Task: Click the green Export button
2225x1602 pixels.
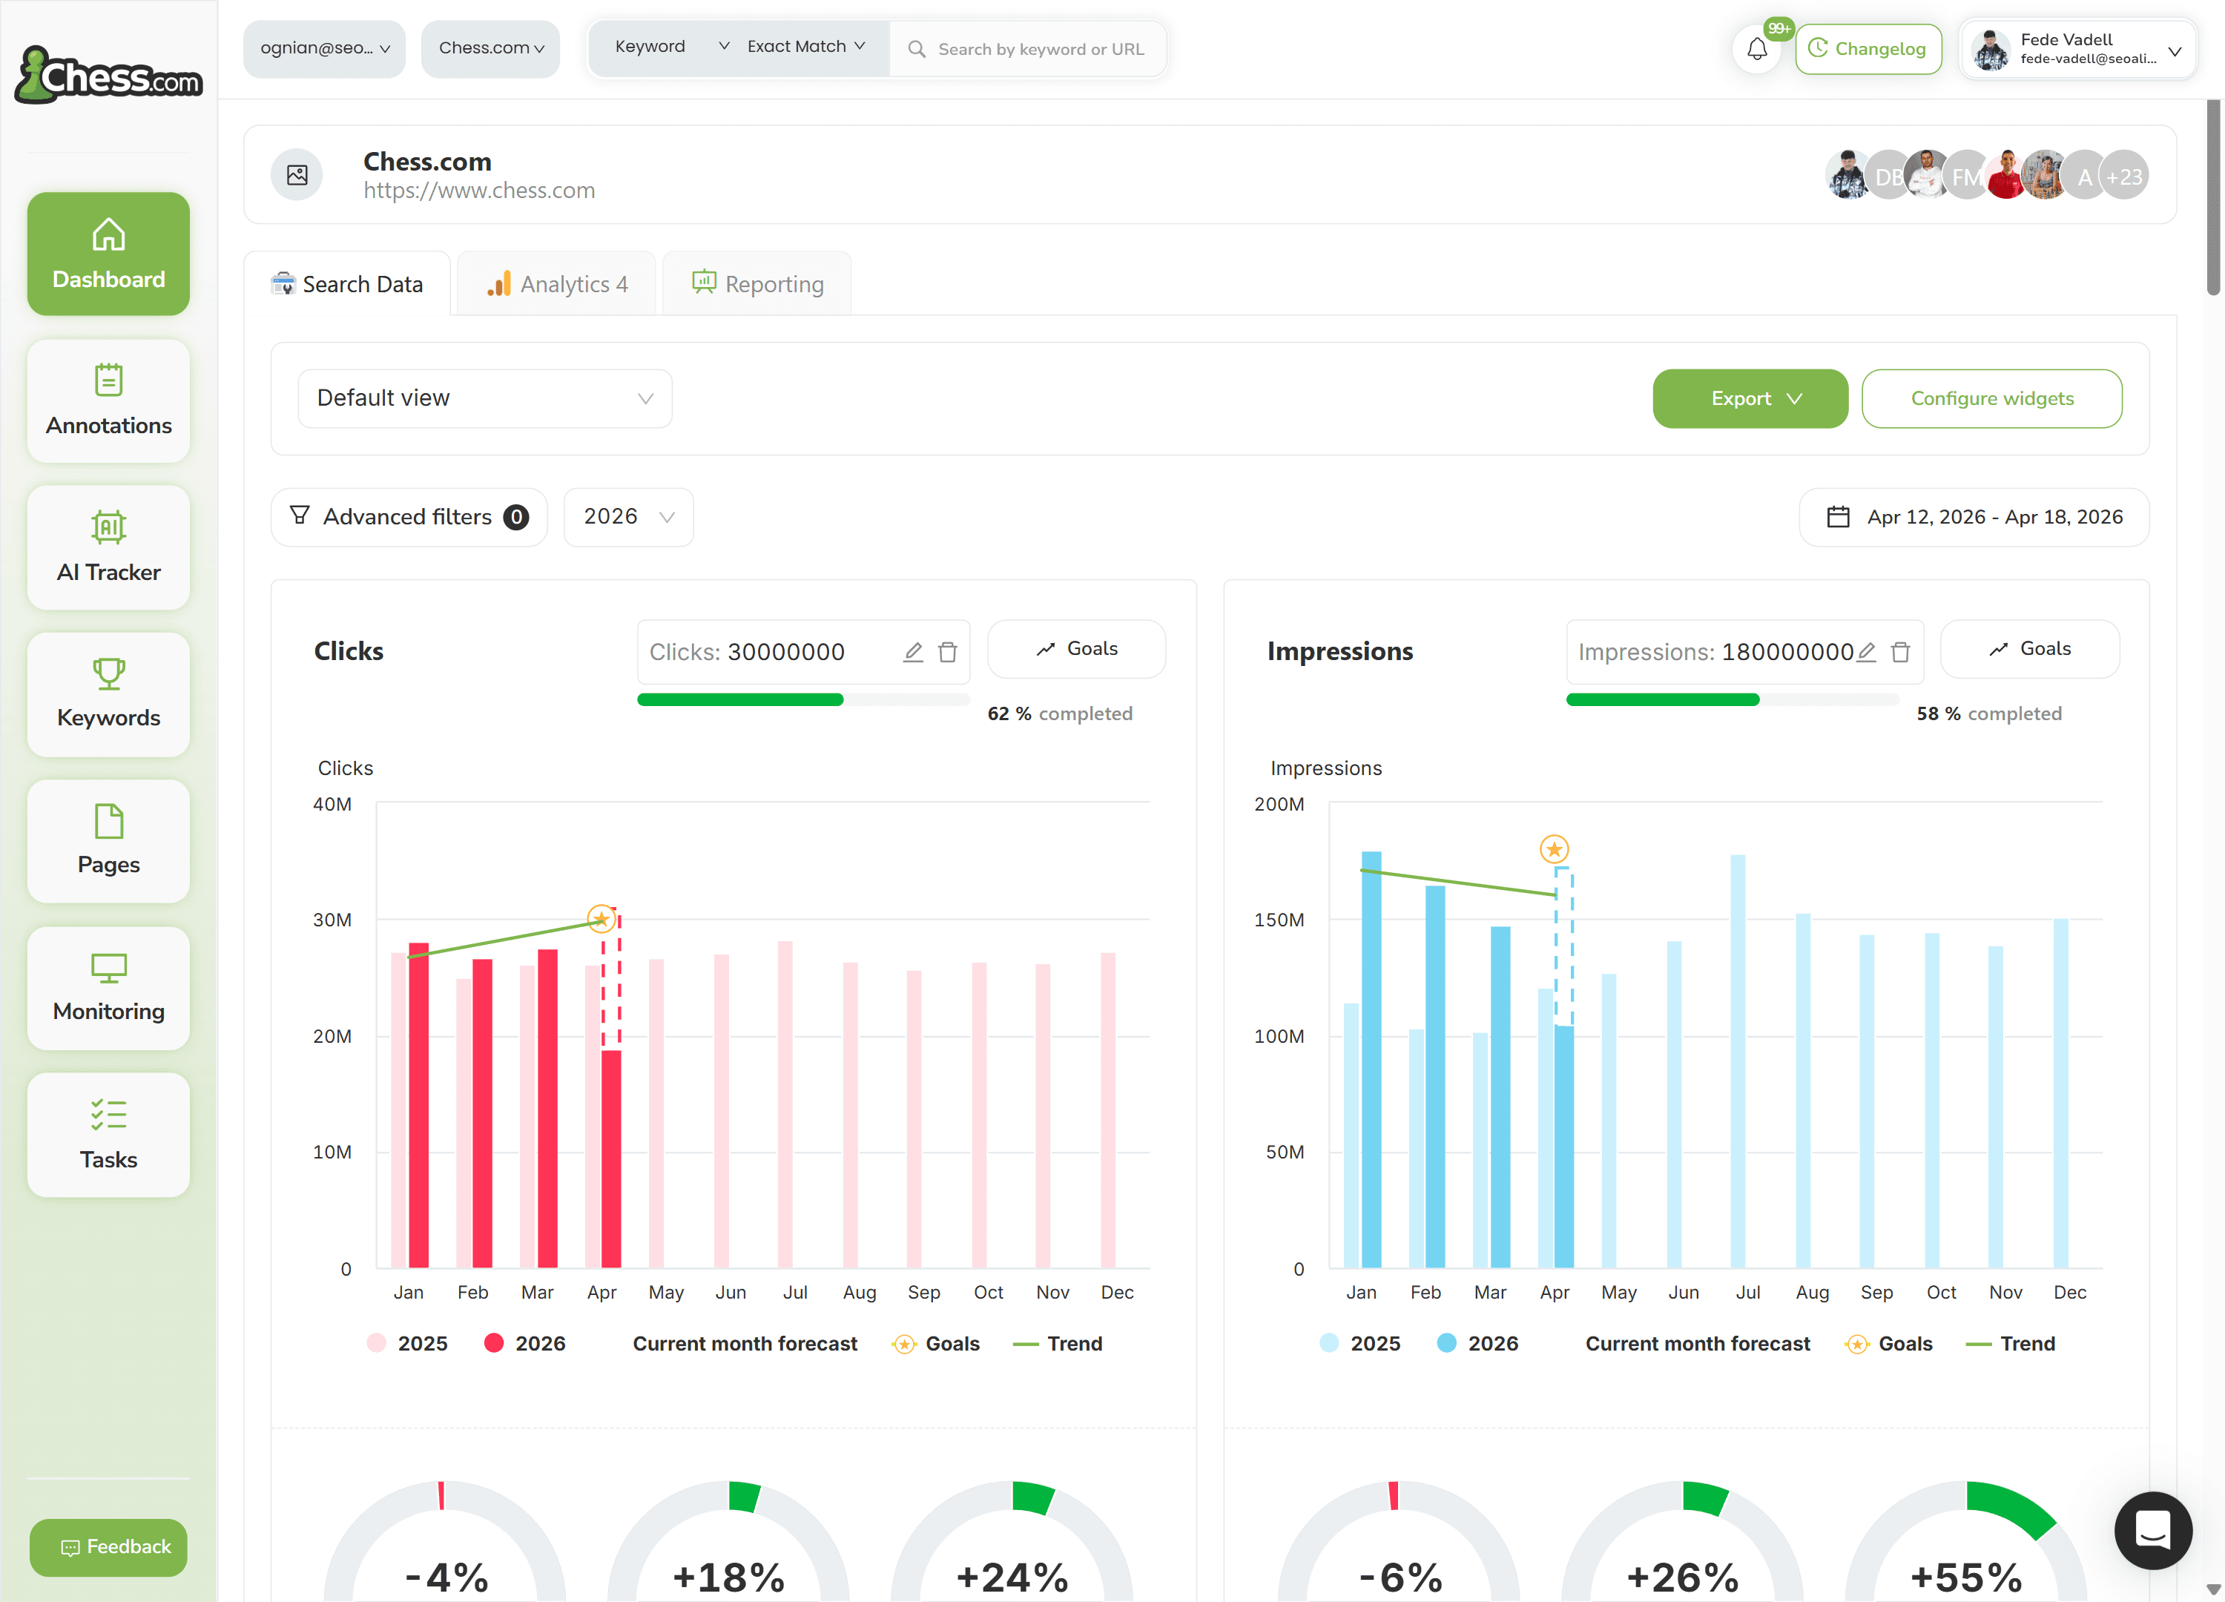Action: [1749, 398]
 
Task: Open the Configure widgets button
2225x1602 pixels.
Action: [1991, 398]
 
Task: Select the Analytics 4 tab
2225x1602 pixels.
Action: [556, 283]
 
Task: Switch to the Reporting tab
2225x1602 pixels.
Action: [757, 283]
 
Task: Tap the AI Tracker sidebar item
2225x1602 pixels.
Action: [109, 547]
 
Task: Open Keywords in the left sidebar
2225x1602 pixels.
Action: [109, 693]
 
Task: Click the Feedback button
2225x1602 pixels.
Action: [109, 1547]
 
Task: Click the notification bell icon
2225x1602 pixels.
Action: [1757, 49]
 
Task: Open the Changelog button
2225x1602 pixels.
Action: [1868, 49]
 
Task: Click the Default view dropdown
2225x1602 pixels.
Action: [484, 398]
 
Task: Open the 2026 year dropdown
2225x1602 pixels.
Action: [628, 517]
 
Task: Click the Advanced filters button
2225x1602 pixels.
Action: [409, 517]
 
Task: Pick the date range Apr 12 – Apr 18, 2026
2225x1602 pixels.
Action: [1974, 517]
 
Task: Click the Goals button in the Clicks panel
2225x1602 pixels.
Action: [1076, 648]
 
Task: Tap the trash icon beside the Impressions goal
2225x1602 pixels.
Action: [1900, 651]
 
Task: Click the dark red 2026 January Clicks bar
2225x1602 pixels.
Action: [419, 1104]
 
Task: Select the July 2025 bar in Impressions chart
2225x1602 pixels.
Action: [1738, 1061]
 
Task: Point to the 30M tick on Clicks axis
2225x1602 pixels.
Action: [332, 920]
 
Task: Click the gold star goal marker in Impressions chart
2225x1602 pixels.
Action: [1554, 848]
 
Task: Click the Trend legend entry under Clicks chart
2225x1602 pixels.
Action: [1058, 1344]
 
